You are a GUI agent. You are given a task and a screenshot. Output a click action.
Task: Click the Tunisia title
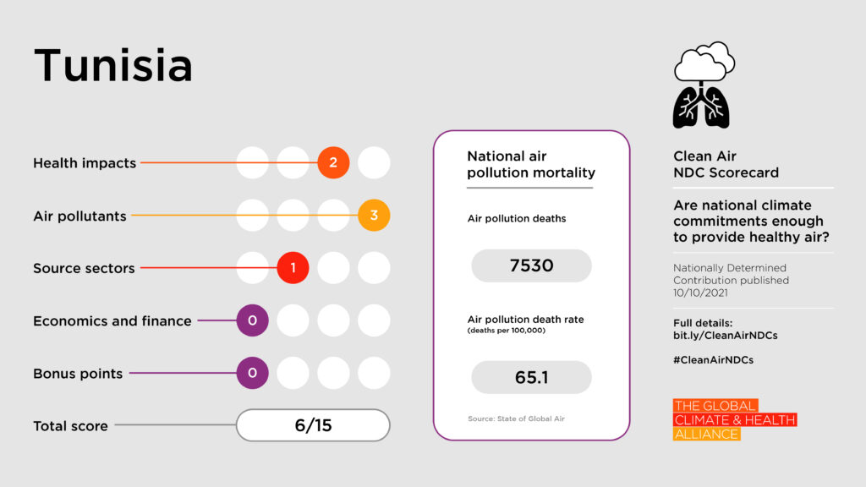click(112, 66)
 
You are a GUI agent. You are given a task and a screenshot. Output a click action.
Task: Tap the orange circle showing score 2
click(333, 162)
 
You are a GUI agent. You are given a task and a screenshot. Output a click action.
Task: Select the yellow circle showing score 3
click(374, 216)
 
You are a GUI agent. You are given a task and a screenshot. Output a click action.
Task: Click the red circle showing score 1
click(293, 268)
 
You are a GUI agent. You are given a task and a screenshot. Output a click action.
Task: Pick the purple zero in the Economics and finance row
click(252, 320)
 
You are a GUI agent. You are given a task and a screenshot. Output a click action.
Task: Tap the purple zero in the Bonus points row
click(252, 373)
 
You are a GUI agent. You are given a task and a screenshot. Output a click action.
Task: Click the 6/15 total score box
click(313, 425)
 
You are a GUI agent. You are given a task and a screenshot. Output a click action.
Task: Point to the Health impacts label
click(85, 163)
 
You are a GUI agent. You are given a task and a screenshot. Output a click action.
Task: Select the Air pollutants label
click(79, 216)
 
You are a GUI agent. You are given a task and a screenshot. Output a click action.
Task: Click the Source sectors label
click(84, 268)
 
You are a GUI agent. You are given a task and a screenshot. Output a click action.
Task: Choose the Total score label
click(70, 426)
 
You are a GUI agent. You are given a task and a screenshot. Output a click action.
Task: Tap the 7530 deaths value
click(531, 265)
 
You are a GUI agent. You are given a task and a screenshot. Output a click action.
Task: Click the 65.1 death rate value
click(531, 377)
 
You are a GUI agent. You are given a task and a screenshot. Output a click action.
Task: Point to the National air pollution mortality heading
click(531, 165)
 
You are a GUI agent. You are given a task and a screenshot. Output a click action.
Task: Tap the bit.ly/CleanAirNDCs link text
click(725, 336)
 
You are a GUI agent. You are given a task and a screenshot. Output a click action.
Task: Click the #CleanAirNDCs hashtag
click(713, 359)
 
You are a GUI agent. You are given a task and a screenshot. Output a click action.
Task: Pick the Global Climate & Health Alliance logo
click(734, 419)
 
